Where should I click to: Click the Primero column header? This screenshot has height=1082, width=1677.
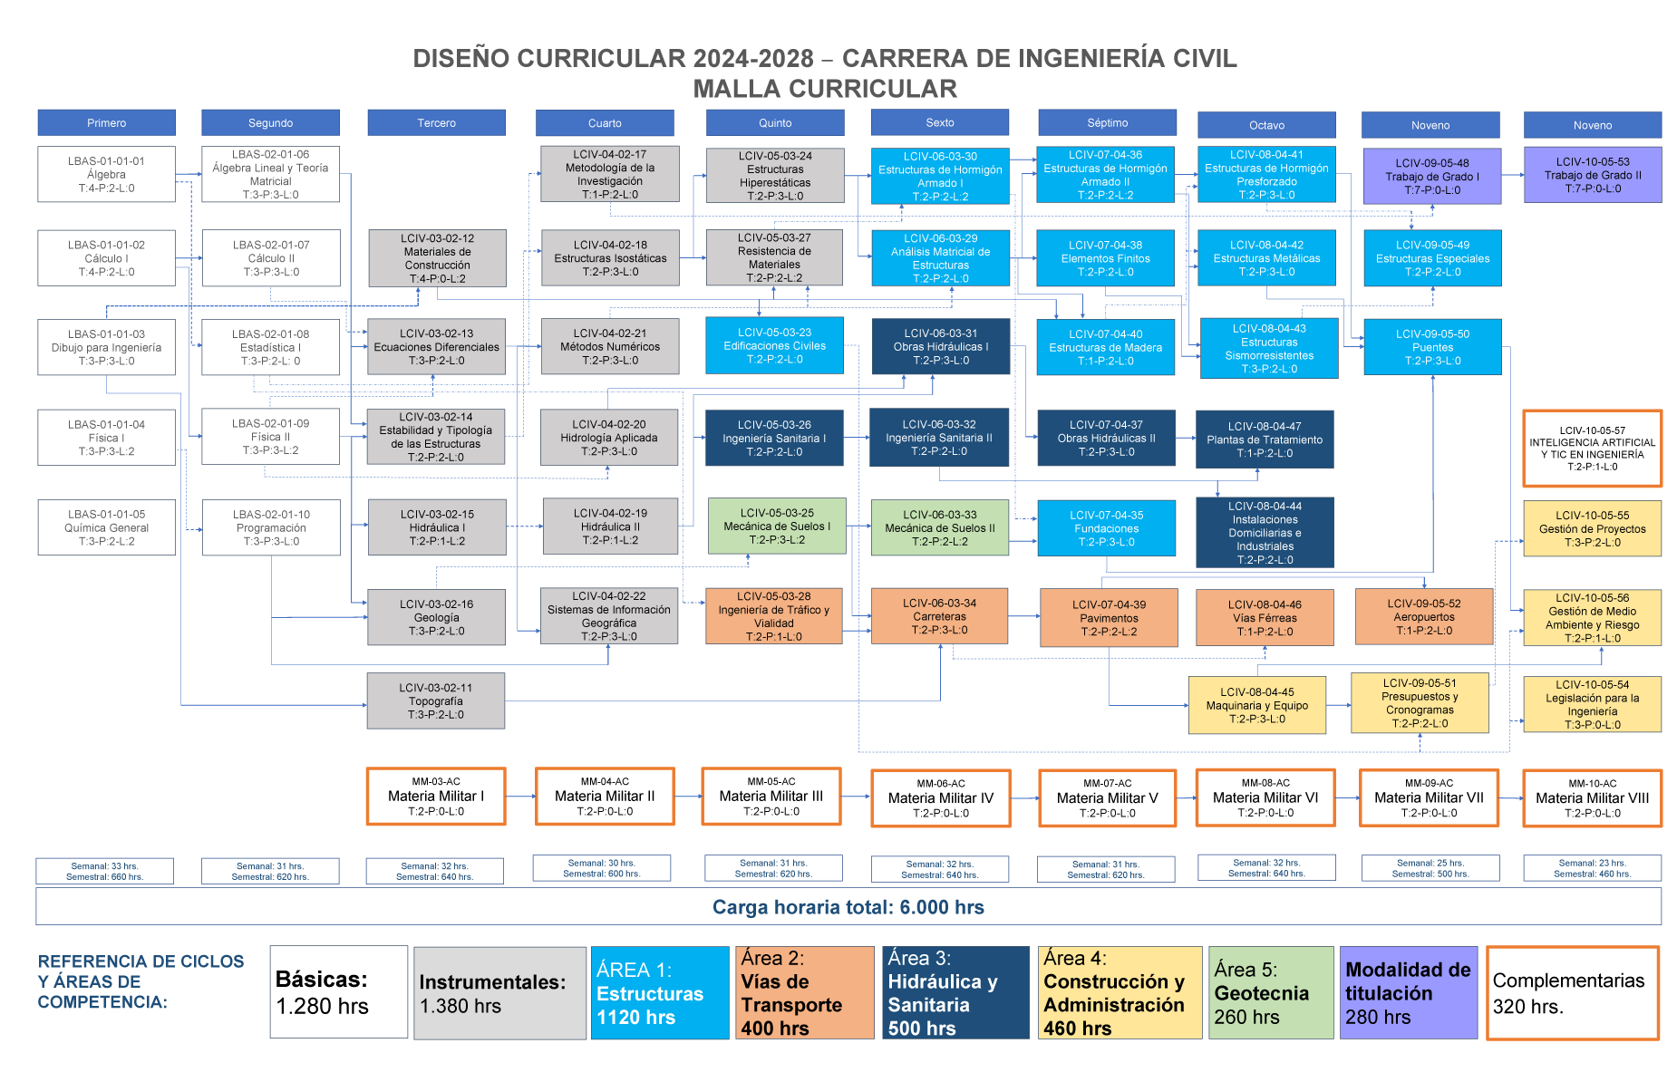(106, 122)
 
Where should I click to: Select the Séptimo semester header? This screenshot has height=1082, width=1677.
(1107, 122)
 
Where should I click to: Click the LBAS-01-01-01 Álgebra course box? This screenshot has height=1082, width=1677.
(106, 174)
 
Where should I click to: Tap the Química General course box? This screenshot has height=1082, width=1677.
(106, 527)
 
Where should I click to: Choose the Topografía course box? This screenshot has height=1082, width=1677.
(435, 700)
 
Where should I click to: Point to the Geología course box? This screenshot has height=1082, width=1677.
(436, 617)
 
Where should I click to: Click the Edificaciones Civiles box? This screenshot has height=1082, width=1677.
(774, 345)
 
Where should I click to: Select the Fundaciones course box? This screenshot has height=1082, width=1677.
(1106, 528)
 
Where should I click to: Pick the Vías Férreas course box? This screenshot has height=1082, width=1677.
(1265, 617)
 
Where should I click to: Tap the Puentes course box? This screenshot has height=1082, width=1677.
(1432, 347)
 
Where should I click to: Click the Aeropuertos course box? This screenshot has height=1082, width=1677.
(1423, 616)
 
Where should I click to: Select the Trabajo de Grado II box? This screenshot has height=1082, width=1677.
(1593, 175)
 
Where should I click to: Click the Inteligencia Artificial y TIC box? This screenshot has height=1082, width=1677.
(1592, 449)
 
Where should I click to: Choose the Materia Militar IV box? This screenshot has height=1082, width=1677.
(940, 797)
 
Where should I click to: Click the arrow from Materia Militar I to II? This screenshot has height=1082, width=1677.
(520, 797)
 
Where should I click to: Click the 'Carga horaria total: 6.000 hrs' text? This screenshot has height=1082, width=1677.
(848, 907)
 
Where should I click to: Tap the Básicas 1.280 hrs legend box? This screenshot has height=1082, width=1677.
(338, 992)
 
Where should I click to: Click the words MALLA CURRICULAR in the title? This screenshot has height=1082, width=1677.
(824, 89)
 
